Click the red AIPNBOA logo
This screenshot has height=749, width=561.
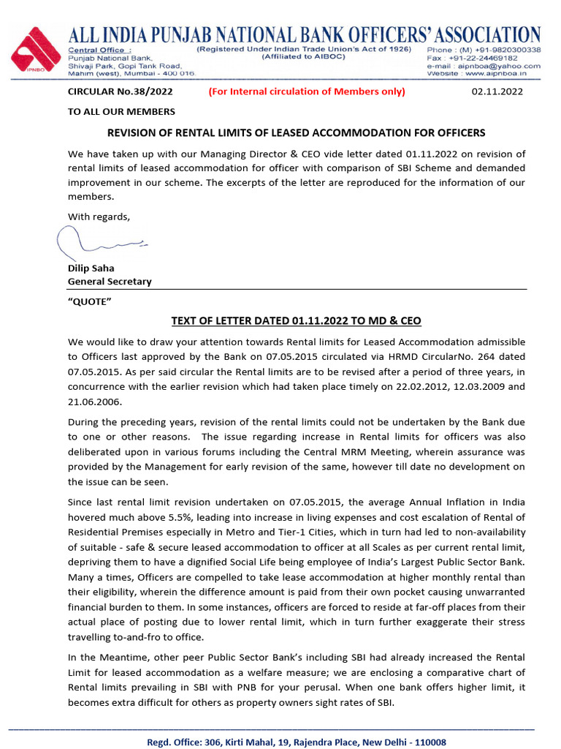point(36,51)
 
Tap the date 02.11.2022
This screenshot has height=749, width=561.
point(497,91)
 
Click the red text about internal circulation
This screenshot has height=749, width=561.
point(306,91)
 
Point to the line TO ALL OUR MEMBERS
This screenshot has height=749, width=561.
point(121,112)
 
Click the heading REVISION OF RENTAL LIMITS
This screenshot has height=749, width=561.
point(296,132)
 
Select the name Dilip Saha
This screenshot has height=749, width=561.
point(91,268)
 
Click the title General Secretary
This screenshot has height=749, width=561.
point(110,282)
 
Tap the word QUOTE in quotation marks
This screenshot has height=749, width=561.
point(89,302)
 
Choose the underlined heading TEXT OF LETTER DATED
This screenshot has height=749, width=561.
point(296,321)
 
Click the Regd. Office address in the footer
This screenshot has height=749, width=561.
point(296,742)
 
